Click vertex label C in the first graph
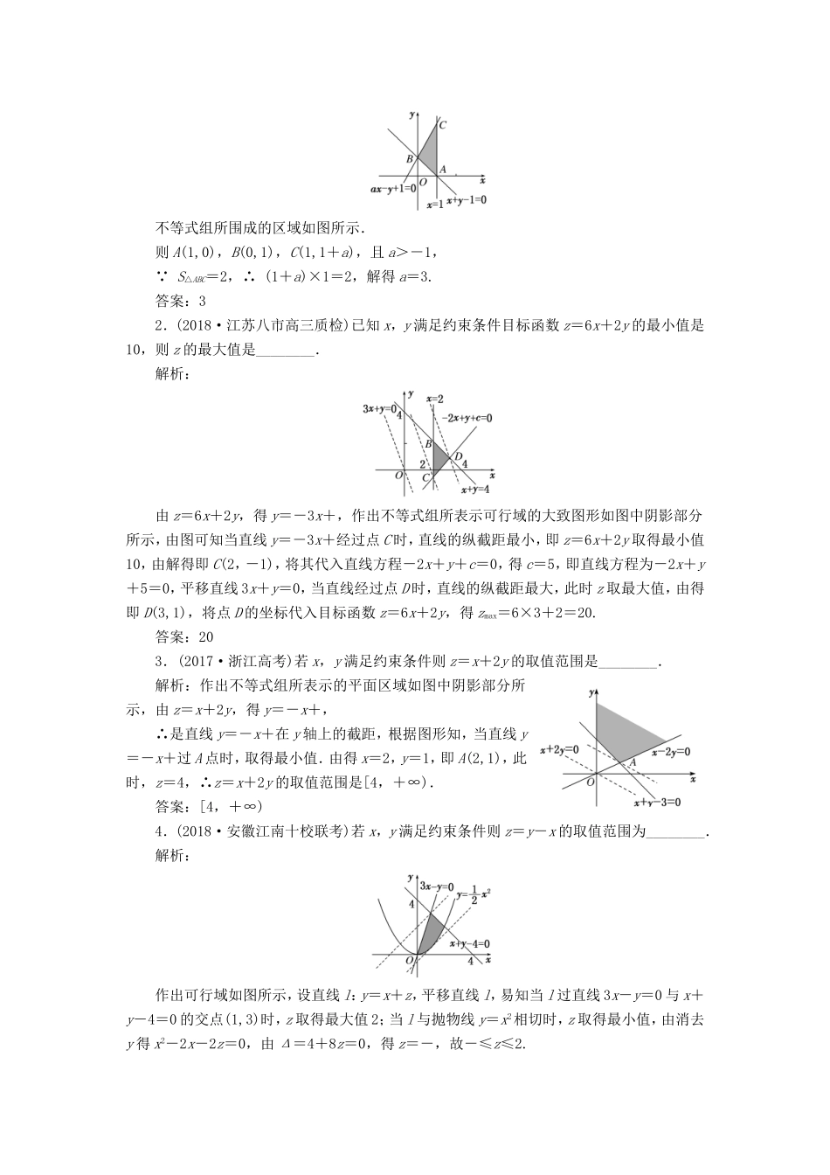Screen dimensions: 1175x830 443,125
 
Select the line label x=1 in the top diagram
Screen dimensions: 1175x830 434,205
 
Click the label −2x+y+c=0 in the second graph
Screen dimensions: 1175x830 466,418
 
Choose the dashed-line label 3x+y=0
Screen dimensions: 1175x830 380,408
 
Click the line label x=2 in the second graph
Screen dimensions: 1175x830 435,399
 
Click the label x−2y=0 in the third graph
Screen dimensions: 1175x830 669,751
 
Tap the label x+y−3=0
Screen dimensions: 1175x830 656,802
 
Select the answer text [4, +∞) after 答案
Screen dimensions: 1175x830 231,806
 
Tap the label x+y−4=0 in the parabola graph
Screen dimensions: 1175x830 469,943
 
